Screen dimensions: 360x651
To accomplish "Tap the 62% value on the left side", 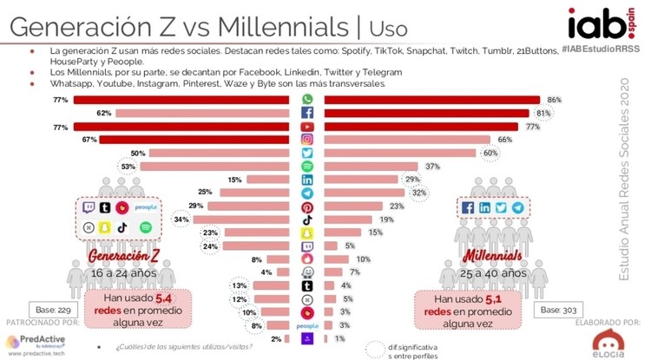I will pyautogui.click(x=103, y=114).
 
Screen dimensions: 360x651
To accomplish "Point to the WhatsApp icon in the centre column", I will pyautogui.click(x=307, y=101).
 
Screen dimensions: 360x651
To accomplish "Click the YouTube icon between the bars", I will pyautogui.click(x=307, y=127).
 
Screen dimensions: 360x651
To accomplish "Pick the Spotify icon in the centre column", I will pyautogui.click(x=307, y=166).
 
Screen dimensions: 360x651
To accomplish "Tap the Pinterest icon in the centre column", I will pyautogui.click(x=307, y=206).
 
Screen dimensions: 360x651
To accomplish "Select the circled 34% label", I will pyautogui.click(x=181, y=219).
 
